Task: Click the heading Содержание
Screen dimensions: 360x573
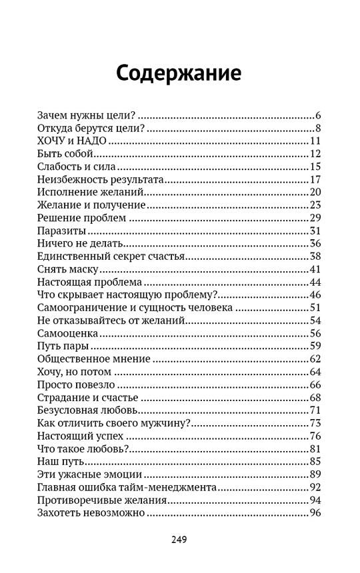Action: (x=179, y=73)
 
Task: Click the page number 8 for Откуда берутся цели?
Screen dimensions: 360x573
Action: (x=319, y=128)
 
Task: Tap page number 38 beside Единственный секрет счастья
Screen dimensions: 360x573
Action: (x=316, y=257)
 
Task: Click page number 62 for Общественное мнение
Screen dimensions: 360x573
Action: (x=316, y=358)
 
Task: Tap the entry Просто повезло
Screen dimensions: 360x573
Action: (x=74, y=384)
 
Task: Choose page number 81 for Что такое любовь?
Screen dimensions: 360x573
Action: (x=316, y=448)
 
